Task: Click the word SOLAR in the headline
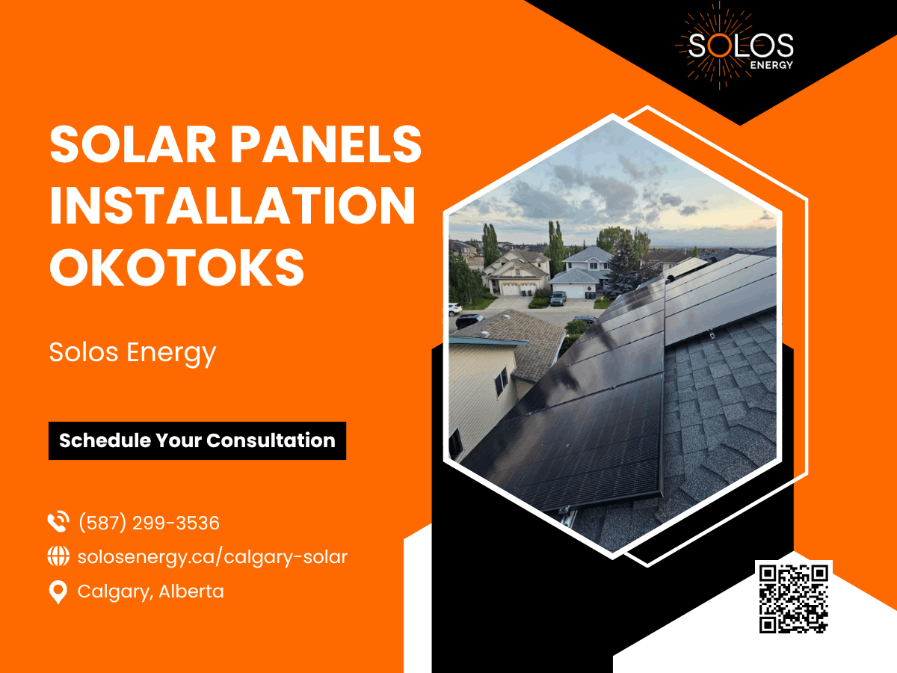132,144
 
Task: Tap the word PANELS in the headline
326,144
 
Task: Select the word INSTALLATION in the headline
232,206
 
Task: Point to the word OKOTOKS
176,267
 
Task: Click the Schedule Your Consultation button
197,440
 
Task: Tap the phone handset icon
58,522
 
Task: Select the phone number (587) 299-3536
149,523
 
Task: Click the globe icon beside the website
58,556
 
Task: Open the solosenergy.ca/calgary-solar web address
212,557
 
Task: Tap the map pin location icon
58,592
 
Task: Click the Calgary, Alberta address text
151,591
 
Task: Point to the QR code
794,599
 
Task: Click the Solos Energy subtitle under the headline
132,353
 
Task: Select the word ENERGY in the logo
771,65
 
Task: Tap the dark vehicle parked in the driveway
558,298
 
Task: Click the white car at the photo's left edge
454,309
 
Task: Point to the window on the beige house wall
502,381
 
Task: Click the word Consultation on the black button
271,440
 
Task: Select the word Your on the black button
179,440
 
